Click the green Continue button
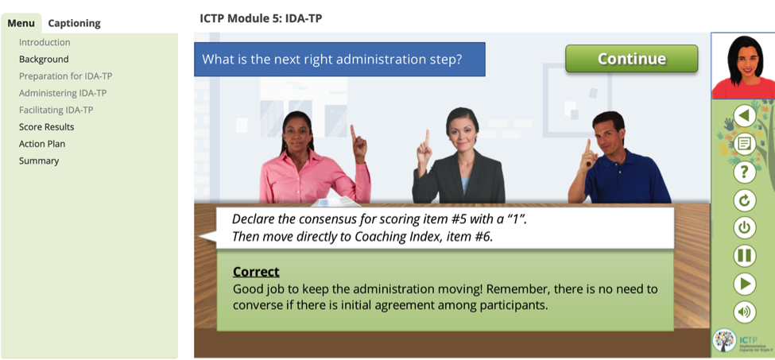(632, 59)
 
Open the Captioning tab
(74, 23)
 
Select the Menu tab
(21, 23)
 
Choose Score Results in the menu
(46, 127)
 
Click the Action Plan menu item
(42, 144)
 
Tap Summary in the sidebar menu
(39, 161)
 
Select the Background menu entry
(44, 60)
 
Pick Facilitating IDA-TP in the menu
(56, 110)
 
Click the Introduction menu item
(45, 42)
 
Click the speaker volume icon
(744, 312)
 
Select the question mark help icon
(744, 172)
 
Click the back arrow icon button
(744, 117)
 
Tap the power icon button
(744, 228)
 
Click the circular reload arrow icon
(744, 200)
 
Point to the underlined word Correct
(256, 272)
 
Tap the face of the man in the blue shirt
(609, 133)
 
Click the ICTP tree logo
(725, 340)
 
